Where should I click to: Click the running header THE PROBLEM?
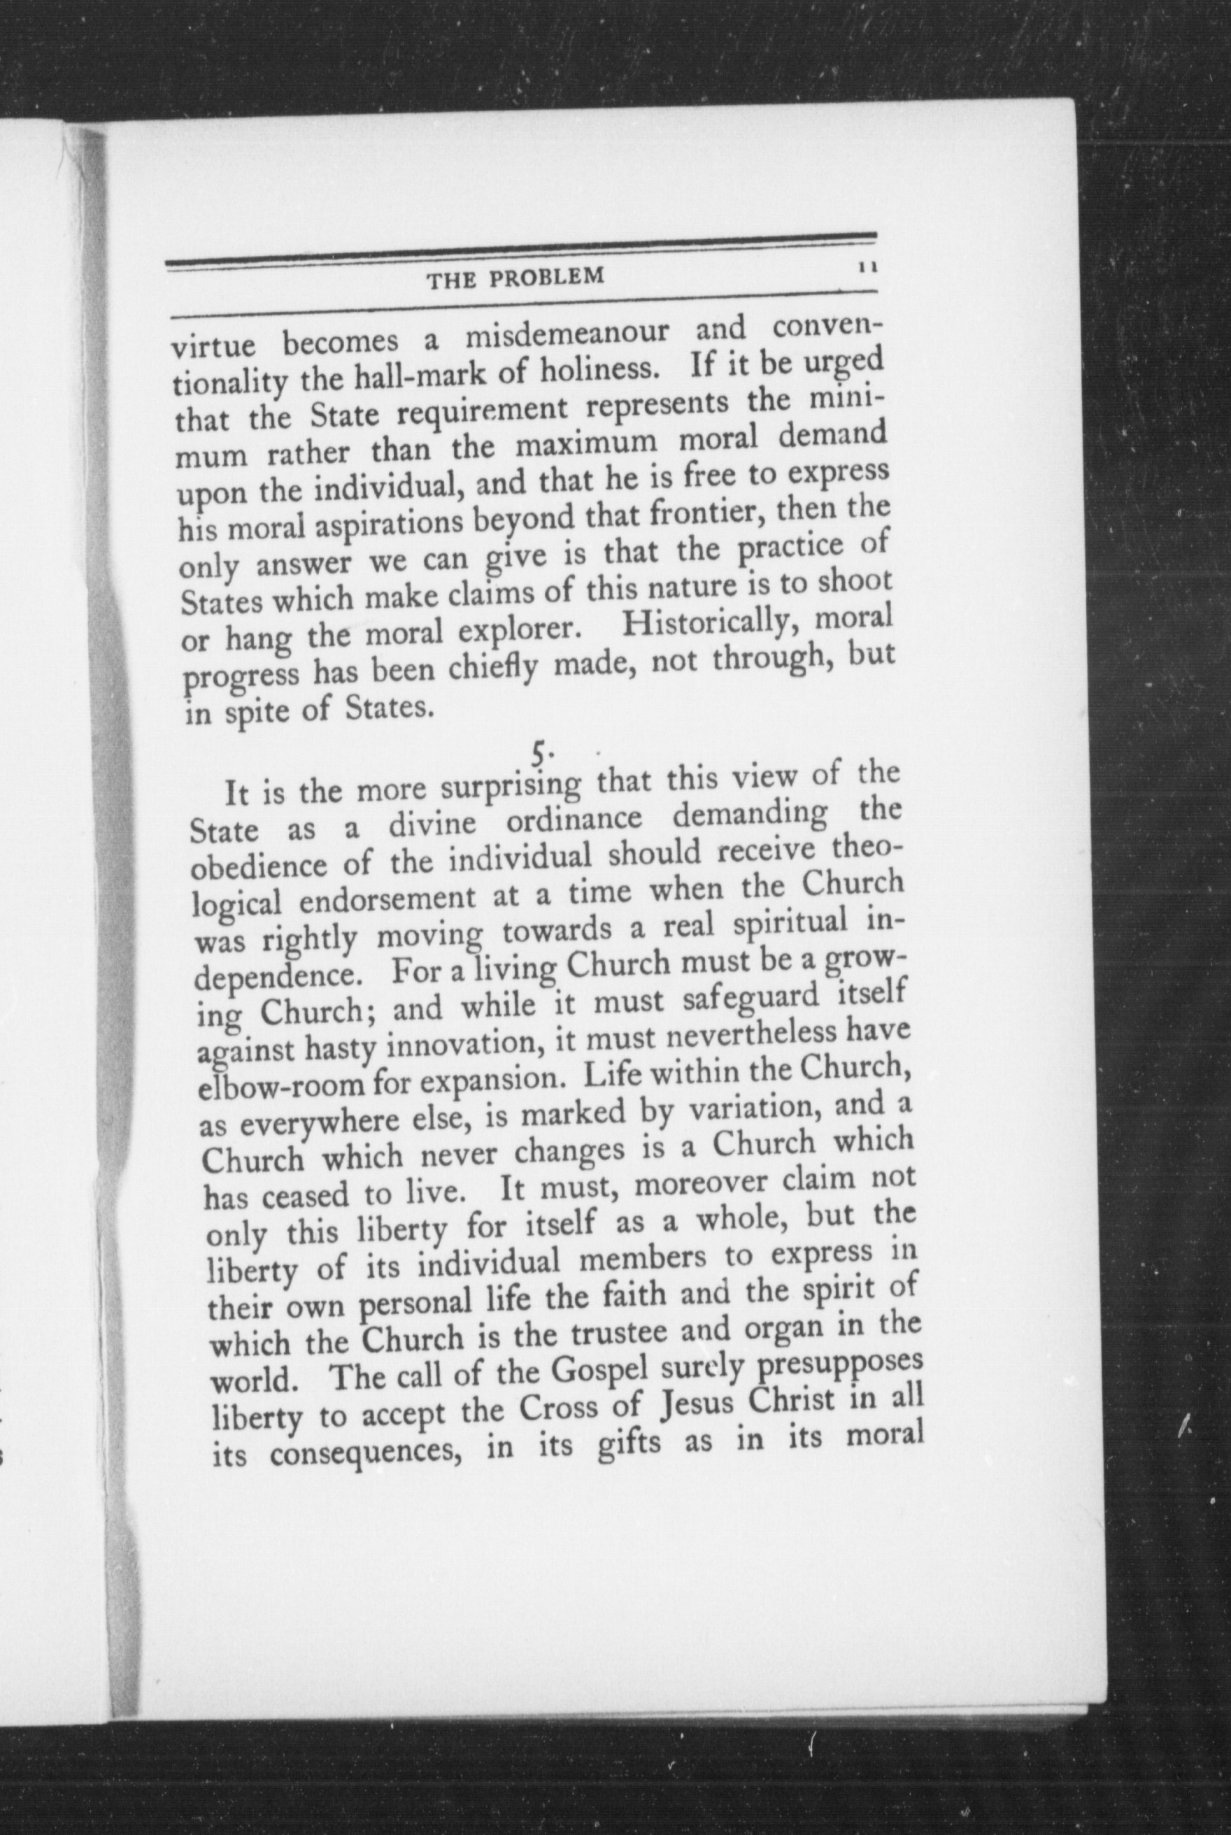[x=515, y=277]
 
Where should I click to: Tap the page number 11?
[x=867, y=267]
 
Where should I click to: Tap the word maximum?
[x=586, y=443]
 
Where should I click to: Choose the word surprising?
[x=511, y=787]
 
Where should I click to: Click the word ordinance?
[x=573, y=822]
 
